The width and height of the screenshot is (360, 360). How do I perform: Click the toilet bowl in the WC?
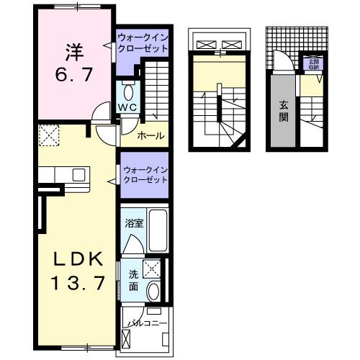pos(128,92)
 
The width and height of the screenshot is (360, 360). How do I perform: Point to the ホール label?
pos(150,135)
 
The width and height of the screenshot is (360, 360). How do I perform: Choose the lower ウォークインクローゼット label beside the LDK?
pos(145,175)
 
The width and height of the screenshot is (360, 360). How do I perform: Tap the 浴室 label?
pos(134,223)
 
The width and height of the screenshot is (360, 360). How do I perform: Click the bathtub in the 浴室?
pos(158,231)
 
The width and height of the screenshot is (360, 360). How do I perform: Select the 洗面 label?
pos(134,279)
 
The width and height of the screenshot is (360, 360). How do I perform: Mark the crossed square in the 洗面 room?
pos(152,270)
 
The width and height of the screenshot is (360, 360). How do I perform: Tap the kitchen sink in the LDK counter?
pos(78,174)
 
